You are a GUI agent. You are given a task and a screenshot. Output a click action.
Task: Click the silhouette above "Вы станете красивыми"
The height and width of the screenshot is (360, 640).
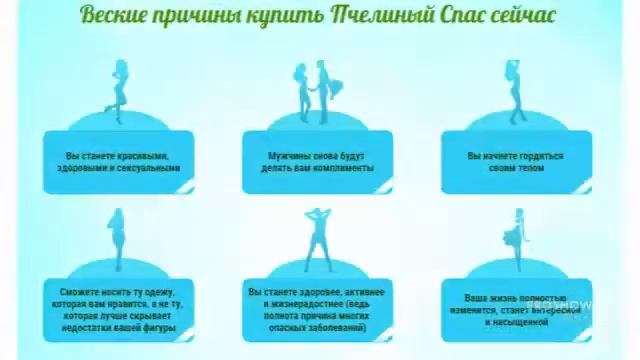(117, 91)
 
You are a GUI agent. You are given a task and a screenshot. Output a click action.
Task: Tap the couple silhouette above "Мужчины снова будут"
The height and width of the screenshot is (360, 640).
(317, 93)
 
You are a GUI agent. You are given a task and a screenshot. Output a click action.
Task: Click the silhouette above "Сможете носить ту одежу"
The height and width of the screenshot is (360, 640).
(117, 241)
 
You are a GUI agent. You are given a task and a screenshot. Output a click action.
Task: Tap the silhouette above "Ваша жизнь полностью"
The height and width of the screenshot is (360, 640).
(517, 241)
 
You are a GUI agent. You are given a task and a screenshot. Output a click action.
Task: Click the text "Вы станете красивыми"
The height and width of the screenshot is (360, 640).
(117, 156)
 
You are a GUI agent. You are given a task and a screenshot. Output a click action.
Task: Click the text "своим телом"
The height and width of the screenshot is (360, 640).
(516, 168)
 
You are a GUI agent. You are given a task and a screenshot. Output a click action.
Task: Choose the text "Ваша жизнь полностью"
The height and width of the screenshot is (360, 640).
(516, 298)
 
